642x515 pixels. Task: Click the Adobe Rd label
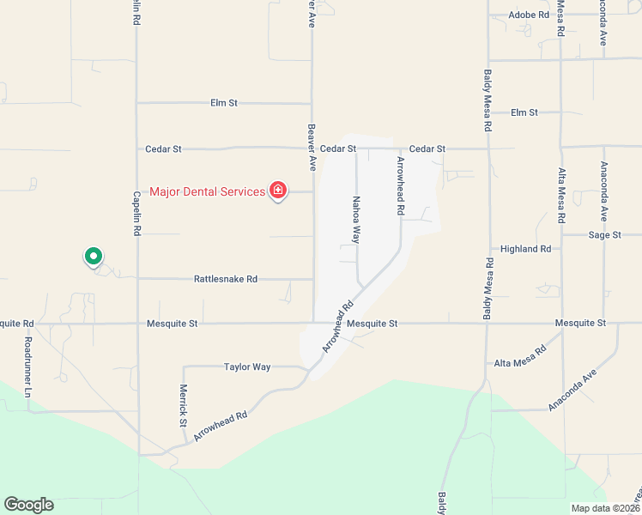click(x=529, y=15)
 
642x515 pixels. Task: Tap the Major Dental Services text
click(x=207, y=191)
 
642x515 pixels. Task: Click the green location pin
click(x=93, y=256)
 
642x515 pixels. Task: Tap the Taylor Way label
click(x=247, y=367)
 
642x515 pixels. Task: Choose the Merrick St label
click(x=183, y=404)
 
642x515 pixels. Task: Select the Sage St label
click(x=604, y=234)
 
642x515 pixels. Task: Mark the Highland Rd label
click(x=525, y=249)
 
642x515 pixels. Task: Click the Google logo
click(x=28, y=505)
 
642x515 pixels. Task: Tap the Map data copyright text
click(x=605, y=507)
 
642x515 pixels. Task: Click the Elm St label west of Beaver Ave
click(x=223, y=103)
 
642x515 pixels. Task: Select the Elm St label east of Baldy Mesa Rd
click(x=524, y=112)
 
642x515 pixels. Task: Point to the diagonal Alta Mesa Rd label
click(x=521, y=357)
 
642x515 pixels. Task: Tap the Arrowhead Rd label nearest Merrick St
click(x=221, y=426)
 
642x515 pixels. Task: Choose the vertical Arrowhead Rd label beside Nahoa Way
click(x=400, y=185)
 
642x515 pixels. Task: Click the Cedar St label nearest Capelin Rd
click(x=165, y=148)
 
